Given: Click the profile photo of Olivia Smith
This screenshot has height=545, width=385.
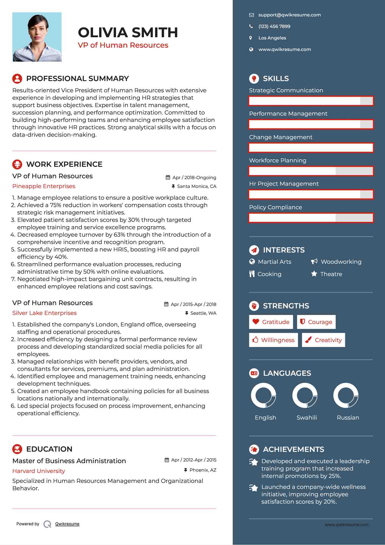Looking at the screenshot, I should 37,37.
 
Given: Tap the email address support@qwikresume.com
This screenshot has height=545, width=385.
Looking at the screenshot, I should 290,15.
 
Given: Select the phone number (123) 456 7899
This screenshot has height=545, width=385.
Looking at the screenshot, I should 274,26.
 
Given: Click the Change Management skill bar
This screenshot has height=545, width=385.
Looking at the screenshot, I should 311,148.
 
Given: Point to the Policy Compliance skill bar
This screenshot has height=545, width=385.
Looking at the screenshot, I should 311,218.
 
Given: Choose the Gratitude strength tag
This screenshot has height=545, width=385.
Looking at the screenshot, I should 271,322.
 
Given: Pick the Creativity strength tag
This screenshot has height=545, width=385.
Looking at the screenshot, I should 323,340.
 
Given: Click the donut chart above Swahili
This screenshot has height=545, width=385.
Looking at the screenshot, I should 305,395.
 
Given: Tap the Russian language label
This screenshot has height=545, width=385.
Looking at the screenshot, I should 348,417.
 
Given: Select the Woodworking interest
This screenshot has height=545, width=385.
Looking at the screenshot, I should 341,262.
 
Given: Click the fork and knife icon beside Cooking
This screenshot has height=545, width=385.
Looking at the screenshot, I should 252,274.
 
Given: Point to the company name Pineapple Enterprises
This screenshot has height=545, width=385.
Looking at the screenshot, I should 44,186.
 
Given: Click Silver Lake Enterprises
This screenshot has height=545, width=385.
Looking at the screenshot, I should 44,313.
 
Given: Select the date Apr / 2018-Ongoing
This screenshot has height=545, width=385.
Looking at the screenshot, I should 194,177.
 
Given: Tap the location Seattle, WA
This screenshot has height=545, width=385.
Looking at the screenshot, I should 203,313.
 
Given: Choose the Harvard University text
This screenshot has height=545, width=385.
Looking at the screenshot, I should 39,471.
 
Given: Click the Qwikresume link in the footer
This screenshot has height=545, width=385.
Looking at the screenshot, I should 67,524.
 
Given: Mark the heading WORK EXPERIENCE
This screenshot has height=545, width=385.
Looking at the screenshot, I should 64,164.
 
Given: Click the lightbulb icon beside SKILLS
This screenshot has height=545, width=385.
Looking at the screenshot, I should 254,79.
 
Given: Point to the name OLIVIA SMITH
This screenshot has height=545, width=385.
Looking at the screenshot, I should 128,32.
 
